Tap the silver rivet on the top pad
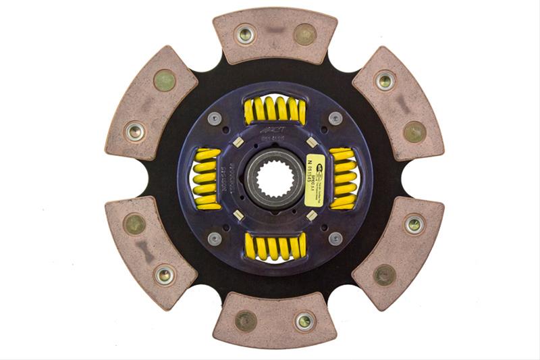244,34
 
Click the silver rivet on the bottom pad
304,321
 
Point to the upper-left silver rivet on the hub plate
215,118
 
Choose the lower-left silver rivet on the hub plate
215,238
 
